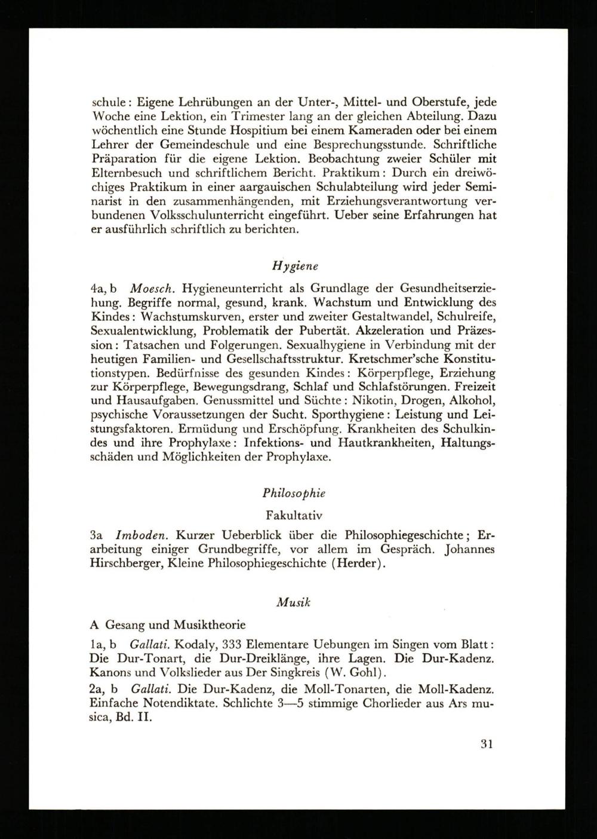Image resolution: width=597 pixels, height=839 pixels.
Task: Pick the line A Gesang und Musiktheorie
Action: [x=167, y=625]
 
